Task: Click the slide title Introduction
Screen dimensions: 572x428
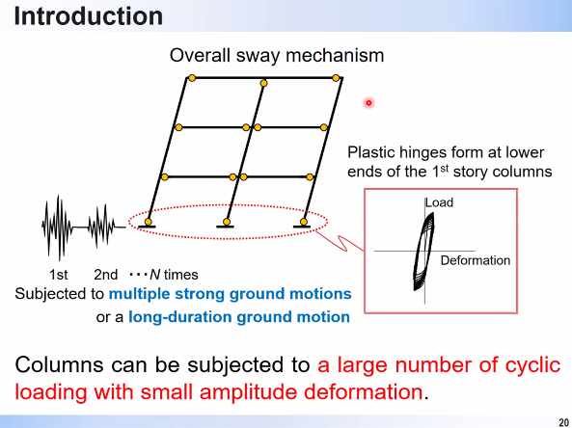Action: (x=89, y=16)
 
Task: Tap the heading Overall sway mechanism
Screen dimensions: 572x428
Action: (x=277, y=56)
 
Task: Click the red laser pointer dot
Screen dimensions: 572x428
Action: (x=368, y=103)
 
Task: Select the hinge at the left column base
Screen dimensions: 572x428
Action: (x=149, y=222)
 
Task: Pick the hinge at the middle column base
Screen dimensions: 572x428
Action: (x=227, y=222)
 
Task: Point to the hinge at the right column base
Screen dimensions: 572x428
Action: (x=304, y=222)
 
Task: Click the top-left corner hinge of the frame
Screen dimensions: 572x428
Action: (x=192, y=78)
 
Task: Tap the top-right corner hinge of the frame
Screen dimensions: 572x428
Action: (x=336, y=78)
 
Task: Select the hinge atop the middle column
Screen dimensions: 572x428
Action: (x=263, y=83)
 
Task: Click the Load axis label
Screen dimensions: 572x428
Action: (x=440, y=202)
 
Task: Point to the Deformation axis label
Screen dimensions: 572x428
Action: (x=476, y=260)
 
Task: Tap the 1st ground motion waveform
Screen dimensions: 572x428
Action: (x=58, y=227)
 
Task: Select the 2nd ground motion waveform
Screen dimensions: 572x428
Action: (x=102, y=227)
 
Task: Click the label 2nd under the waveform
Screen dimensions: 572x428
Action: (x=106, y=275)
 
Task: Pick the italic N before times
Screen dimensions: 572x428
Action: (x=155, y=275)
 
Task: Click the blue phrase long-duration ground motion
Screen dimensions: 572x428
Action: (x=239, y=317)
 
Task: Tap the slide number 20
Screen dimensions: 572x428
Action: (x=563, y=422)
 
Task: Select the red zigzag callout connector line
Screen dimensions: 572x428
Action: (x=340, y=241)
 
